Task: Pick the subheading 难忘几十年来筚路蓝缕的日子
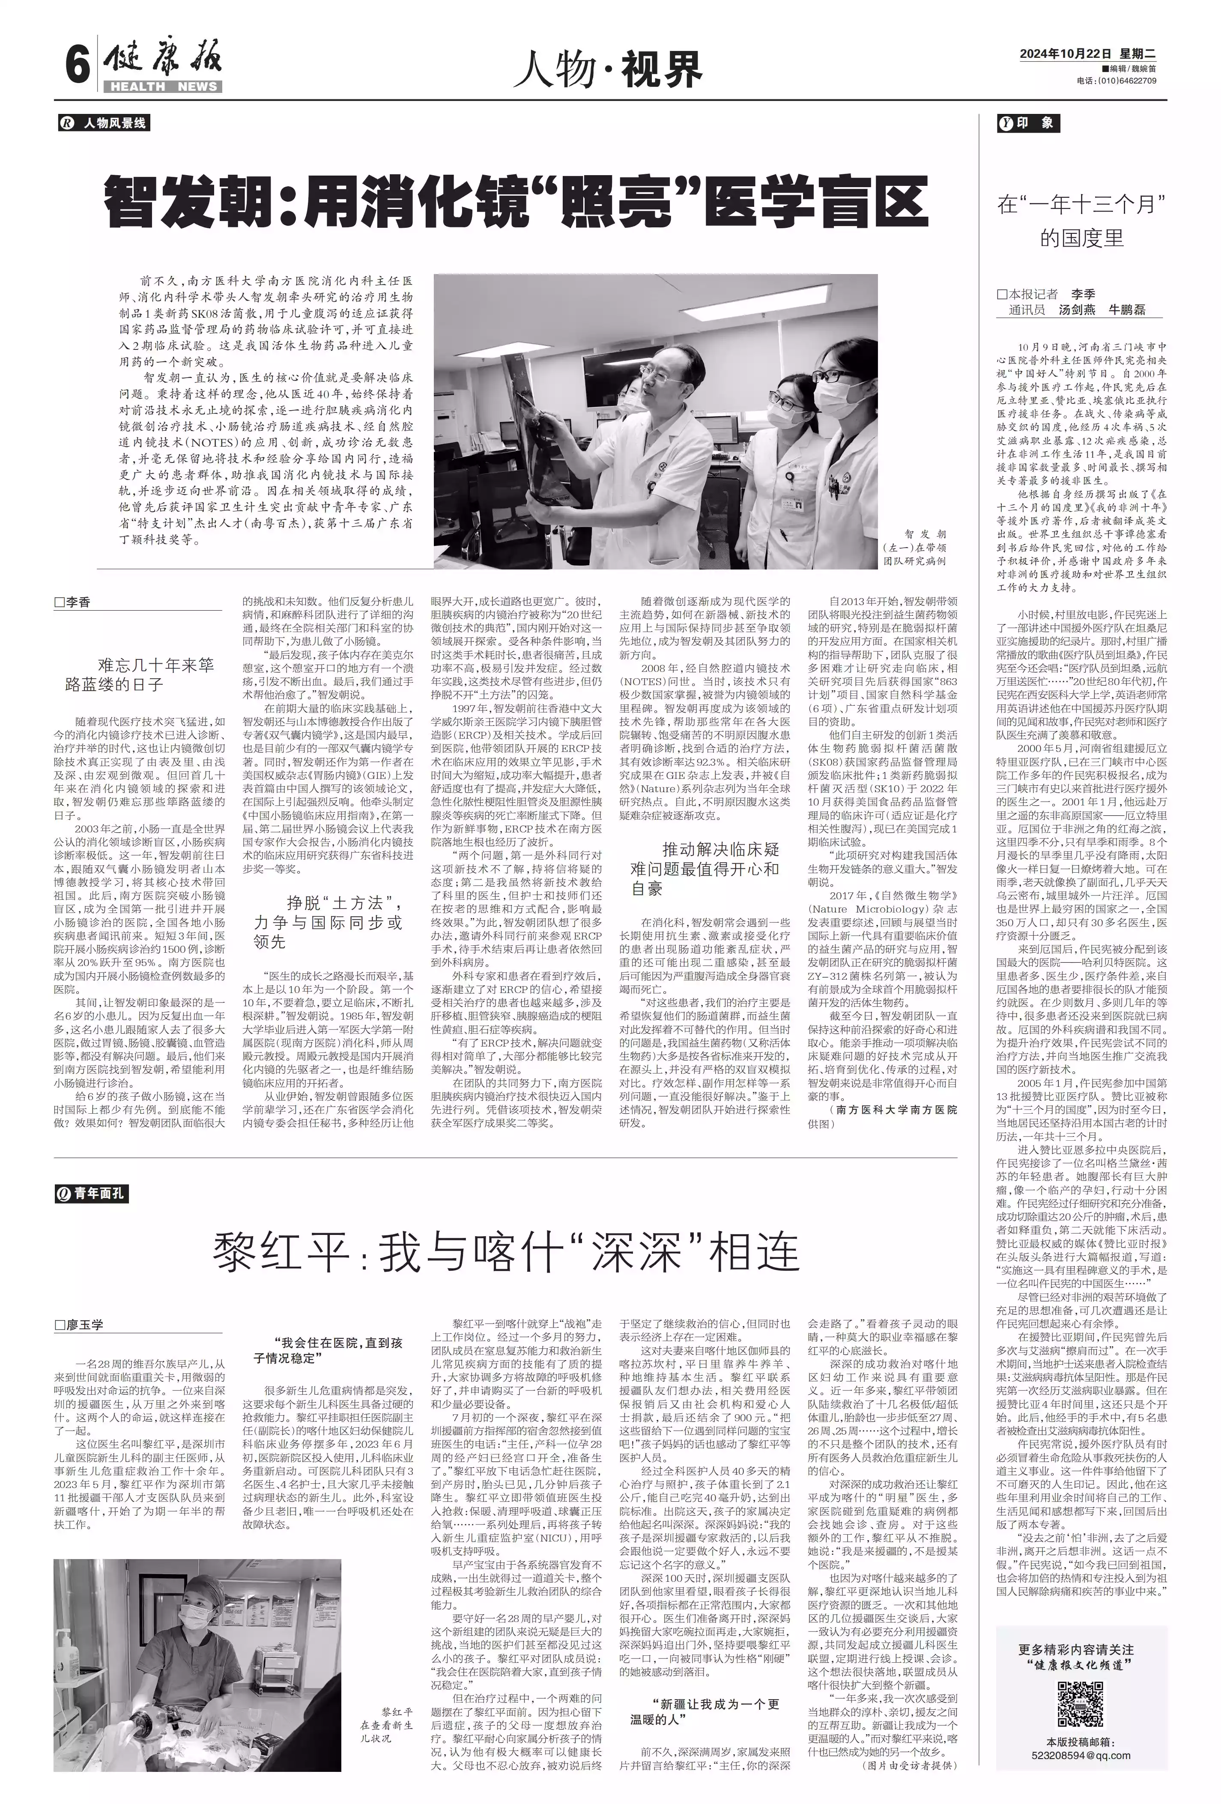139,674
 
